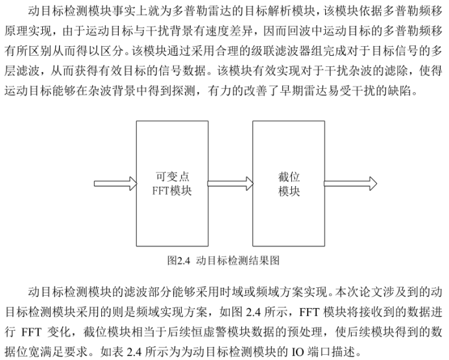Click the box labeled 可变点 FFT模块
[x=171, y=184]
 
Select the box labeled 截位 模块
[x=289, y=184]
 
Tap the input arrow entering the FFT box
[x=114, y=184]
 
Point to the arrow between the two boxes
[x=230, y=184]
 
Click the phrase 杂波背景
[x=149, y=90]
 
